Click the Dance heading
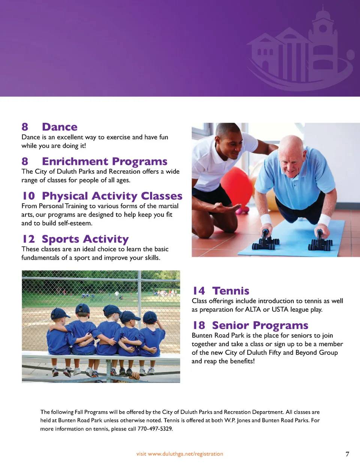60,127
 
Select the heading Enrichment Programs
105,162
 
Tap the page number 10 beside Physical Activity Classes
28,196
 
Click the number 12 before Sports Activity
28,239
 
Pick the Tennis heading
231,291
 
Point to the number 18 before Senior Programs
199,325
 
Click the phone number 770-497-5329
155,429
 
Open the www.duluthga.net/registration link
186,454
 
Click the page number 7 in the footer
347,454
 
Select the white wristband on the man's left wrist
324,220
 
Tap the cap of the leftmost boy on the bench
60,313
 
